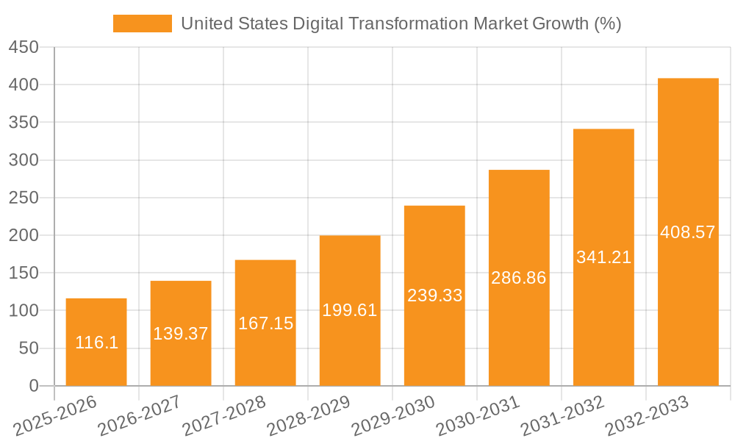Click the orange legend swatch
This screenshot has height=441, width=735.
pyautogui.click(x=142, y=24)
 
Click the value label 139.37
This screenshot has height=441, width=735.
pyautogui.click(x=181, y=334)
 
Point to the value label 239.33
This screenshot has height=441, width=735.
pyautogui.click(x=434, y=295)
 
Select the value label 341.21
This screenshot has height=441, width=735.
pyautogui.click(x=603, y=257)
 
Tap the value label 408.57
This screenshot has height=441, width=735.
pyautogui.click(x=688, y=232)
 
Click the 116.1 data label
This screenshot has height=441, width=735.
pyautogui.click(x=96, y=343)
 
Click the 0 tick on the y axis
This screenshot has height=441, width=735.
pyautogui.click(x=33, y=386)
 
